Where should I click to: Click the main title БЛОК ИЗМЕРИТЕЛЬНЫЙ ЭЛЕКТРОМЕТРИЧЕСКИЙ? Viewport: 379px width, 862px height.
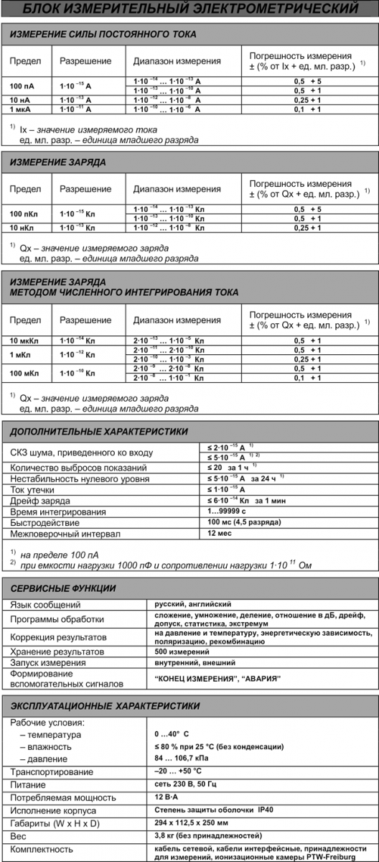[189, 10]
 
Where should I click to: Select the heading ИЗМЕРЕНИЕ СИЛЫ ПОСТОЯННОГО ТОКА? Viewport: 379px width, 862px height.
[103, 34]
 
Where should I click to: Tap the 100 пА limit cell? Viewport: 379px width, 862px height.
[22, 85]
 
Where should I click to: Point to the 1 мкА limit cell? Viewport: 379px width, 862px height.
[22, 109]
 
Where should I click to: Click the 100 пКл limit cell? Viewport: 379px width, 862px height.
[25, 213]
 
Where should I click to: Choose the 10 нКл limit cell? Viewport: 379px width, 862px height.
[24, 228]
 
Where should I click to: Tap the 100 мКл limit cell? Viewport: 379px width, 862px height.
[25, 373]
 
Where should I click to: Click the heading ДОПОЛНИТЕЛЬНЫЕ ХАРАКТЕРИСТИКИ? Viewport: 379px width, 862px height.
[99, 432]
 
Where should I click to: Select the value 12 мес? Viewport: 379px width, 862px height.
[219, 534]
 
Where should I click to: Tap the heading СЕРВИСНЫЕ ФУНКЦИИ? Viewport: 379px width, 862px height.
[63, 588]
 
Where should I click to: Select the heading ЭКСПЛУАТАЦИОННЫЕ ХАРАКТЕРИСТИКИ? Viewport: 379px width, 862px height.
[106, 706]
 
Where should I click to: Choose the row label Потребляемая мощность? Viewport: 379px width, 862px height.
[62, 798]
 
